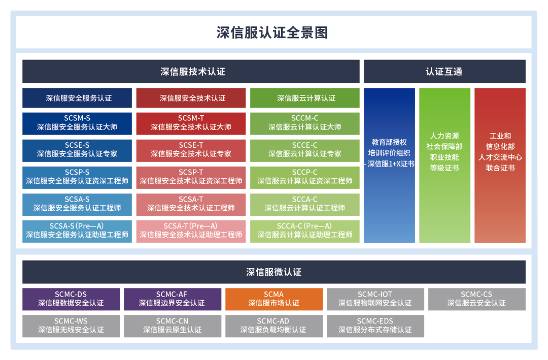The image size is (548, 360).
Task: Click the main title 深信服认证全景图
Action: click(x=273, y=32)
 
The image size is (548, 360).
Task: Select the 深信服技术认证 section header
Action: click(x=191, y=72)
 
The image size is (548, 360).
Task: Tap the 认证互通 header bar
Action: click(x=444, y=72)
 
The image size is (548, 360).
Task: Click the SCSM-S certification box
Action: click(x=77, y=123)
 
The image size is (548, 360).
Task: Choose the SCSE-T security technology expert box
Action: click(x=191, y=150)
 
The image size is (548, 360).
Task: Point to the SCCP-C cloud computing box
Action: click(x=304, y=177)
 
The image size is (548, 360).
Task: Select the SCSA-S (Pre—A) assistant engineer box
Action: click(x=77, y=231)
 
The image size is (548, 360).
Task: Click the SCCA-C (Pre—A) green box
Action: click(x=304, y=231)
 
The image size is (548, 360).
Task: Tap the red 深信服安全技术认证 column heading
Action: click(x=191, y=98)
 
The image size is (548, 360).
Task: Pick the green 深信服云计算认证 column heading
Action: click(x=304, y=98)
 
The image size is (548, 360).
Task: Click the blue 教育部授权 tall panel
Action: click(x=389, y=165)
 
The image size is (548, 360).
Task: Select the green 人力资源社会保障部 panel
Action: click(x=444, y=165)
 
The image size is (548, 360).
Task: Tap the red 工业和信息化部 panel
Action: click(x=500, y=165)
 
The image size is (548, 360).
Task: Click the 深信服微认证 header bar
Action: click(x=273, y=272)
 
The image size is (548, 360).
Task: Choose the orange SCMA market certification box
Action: click(x=274, y=299)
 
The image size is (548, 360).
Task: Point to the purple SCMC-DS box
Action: click(x=71, y=299)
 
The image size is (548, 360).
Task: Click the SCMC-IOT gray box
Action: click(x=375, y=299)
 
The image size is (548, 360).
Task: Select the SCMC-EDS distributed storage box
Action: click(x=375, y=325)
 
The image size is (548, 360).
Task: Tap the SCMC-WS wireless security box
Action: click(x=71, y=325)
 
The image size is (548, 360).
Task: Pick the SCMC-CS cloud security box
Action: click(x=476, y=299)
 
